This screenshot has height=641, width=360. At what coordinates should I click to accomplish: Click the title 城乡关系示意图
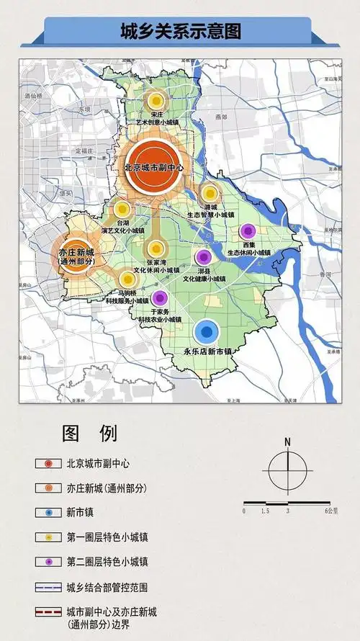point(180,32)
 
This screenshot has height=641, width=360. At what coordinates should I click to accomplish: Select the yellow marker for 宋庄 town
point(154,102)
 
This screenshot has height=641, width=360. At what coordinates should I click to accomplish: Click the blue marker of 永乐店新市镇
point(207,332)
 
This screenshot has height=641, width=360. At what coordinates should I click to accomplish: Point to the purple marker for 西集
point(248,232)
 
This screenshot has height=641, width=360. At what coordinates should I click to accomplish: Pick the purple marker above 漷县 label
point(203,257)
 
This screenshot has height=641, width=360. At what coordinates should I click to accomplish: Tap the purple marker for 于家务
point(160,297)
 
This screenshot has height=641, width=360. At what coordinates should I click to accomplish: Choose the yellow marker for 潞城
point(210,193)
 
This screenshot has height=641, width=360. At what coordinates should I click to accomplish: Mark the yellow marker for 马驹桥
point(127,278)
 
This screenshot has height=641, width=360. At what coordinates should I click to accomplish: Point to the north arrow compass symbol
point(287,472)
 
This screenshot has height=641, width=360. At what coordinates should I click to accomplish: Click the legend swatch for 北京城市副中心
point(48,464)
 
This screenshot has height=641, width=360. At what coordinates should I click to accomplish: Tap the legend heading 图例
point(89,434)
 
